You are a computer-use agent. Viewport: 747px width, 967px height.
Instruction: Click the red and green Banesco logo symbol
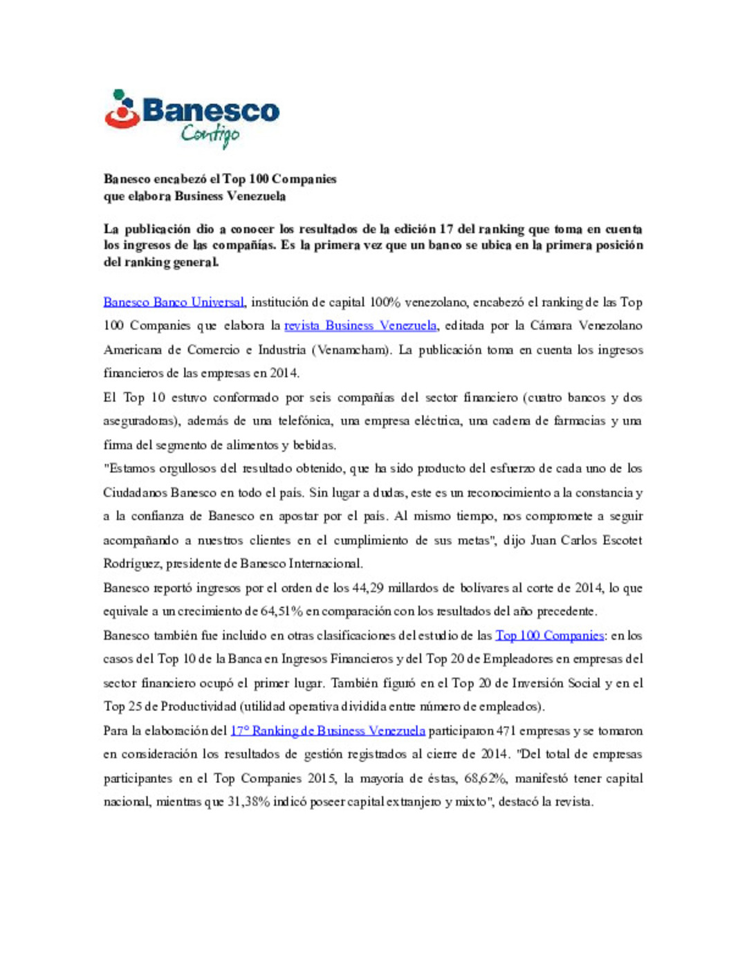pos(122,109)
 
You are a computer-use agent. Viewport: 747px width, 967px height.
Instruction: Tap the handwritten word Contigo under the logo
pos(210,134)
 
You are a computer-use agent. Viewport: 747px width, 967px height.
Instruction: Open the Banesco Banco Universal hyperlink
pos(174,302)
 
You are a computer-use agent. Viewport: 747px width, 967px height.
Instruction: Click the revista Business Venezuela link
pos(360,326)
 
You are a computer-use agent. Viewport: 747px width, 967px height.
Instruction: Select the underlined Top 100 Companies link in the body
pos(549,636)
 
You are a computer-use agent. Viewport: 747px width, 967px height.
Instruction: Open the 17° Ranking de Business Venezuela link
pos(327,731)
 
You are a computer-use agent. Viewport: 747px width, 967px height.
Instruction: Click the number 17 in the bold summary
pos(446,229)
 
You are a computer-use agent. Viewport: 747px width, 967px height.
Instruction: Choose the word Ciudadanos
pos(134,493)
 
